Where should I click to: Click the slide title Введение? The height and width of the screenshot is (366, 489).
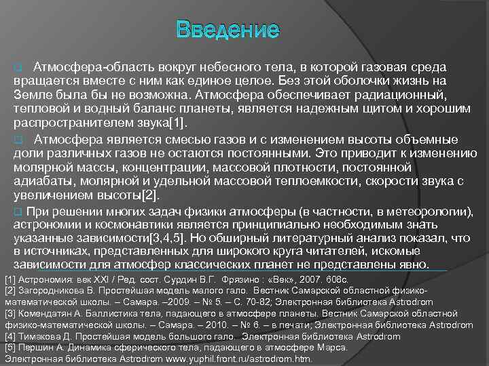pos(227,30)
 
